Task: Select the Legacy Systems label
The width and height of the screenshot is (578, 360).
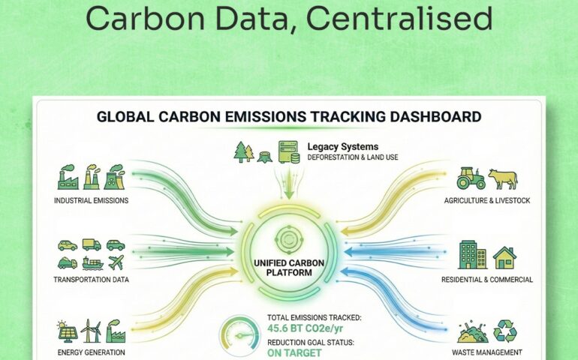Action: [x=343, y=146]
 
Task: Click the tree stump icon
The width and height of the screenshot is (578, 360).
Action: [x=265, y=157]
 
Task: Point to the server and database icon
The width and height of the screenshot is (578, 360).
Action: [x=289, y=151]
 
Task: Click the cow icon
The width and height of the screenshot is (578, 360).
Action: [x=503, y=178]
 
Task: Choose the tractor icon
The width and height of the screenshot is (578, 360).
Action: [x=471, y=178]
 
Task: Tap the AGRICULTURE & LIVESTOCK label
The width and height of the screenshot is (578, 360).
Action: [x=487, y=200]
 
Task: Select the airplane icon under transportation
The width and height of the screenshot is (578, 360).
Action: [x=116, y=262]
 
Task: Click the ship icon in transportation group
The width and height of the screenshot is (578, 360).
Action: [x=92, y=262]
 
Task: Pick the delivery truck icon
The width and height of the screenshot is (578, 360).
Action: [x=92, y=244]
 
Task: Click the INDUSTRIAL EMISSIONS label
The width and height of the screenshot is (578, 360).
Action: [x=91, y=200]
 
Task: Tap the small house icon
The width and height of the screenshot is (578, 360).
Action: [x=504, y=257]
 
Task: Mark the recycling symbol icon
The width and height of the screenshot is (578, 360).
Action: [x=505, y=331]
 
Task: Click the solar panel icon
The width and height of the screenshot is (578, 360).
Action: [x=68, y=331]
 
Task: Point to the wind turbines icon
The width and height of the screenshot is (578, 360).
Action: [x=91, y=331]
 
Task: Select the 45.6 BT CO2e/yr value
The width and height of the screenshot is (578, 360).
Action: [x=305, y=328]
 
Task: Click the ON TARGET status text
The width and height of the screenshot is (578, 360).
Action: [x=294, y=353]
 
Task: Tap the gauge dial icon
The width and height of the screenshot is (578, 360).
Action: [x=239, y=336]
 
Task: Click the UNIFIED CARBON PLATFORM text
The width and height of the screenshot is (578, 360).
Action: [x=289, y=268]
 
